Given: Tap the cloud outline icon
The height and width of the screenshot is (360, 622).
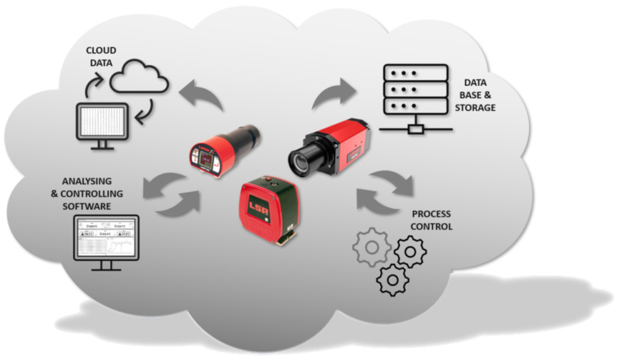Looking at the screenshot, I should pyautogui.click(x=139, y=77).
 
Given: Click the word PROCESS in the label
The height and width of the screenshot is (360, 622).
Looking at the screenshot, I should pyautogui.click(x=428, y=215).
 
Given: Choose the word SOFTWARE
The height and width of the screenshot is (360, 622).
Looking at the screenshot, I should pyautogui.click(x=87, y=205).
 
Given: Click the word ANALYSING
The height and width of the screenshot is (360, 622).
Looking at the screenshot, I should pyautogui.click(x=87, y=182).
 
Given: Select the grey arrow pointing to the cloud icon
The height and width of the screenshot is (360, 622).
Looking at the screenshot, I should pyautogui.click(x=202, y=95).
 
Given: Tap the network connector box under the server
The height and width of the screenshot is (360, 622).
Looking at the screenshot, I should pyautogui.click(x=415, y=129).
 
